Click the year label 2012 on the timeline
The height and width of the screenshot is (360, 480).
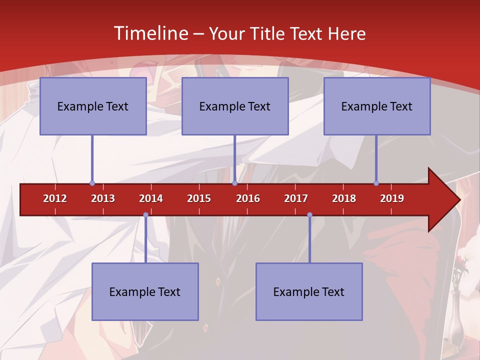pos(55,198)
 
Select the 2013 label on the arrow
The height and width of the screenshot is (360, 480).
pos(103,198)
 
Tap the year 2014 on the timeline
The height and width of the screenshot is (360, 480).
pos(151,198)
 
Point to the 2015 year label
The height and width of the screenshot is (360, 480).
pos(199,198)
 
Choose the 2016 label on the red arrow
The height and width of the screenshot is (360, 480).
pos(248,198)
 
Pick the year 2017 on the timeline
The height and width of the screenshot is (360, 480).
pos(296,198)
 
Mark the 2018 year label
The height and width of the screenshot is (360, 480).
pos(344,198)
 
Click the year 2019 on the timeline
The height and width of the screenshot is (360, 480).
pos(392,198)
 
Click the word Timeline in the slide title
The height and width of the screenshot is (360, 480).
pos(150,33)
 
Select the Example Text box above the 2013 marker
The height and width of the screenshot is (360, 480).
pos(93,106)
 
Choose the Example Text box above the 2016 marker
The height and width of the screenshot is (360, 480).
pos(235,106)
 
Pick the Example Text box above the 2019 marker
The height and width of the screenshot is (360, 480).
pos(377,106)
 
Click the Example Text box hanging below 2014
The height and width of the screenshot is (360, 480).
pos(145,291)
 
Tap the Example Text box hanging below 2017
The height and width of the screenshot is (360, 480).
pos(309,291)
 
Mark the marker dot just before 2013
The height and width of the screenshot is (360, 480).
pos(92,183)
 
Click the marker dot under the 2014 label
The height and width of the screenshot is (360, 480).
pos(145,214)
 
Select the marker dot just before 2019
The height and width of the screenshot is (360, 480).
pos(376,183)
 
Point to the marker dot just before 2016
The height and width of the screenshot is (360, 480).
pos(234,183)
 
